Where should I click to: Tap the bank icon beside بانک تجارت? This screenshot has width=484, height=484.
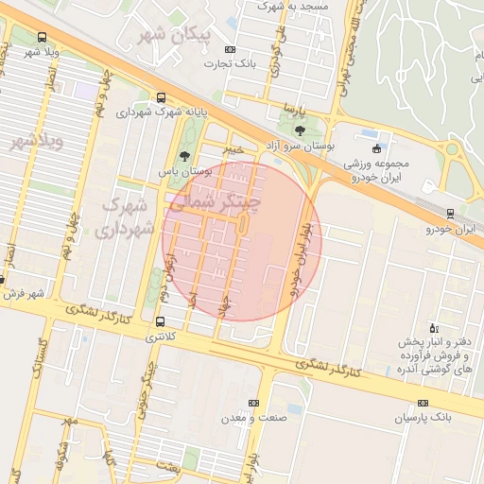coord(230,49)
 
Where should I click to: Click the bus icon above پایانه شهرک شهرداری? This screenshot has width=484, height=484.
coord(161,97)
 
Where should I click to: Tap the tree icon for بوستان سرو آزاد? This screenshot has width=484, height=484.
coord(300,130)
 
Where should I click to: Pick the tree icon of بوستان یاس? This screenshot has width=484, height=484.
coord(184,156)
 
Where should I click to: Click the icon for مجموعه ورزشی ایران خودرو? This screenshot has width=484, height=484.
coord(377,148)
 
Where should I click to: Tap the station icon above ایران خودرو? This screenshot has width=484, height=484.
coord(450,214)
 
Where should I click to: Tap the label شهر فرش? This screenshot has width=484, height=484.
coord(23,294)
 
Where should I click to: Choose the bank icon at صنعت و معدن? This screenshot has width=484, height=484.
coord(252,402)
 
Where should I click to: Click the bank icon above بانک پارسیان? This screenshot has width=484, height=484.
coord(423,402)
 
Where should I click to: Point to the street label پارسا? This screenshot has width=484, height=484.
coord(300,110)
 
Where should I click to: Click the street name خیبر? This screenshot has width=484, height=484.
coord(232,149)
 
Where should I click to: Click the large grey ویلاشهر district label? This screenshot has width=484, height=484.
coord(36,142)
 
